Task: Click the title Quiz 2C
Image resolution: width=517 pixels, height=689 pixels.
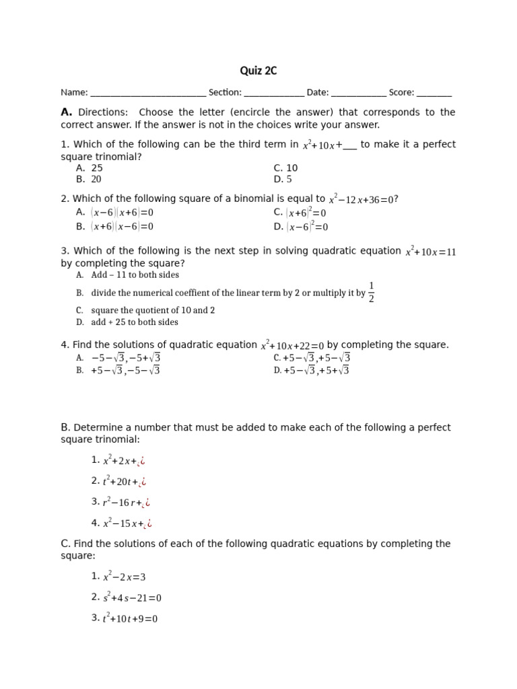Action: pyautogui.click(x=258, y=71)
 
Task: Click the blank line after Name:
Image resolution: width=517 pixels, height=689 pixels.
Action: pyautogui.click(x=147, y=94)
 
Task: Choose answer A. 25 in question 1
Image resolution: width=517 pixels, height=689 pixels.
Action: pyautogui.click(x=90, y=168)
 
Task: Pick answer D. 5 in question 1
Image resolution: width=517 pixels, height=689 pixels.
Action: pyautogui.click(x=283, y=180)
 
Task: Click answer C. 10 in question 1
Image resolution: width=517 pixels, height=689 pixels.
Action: pyautogui.click(x=285, y=168)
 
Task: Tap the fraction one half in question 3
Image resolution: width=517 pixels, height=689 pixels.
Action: pyautogui.click(x=371, y=293)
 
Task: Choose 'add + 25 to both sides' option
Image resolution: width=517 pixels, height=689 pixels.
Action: pyautogui.click(x=134, y=322)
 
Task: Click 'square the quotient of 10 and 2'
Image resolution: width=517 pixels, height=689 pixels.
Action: pyautogui.click(x=153, y=311)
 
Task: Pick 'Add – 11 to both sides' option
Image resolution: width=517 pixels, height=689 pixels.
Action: pyautogui.click(x=135, y=275)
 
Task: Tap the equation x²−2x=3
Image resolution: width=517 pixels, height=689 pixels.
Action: pyautogui.click(x=124, y=577)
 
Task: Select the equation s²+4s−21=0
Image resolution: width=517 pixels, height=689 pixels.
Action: pyautogui.click(x=132, y=597)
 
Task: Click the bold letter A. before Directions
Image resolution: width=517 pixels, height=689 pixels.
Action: pyautogui.click(x=66, y=112)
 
